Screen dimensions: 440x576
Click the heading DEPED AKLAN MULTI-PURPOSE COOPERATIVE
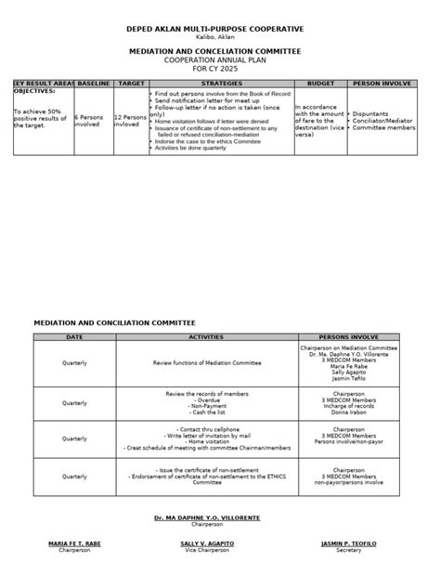click(220, 30)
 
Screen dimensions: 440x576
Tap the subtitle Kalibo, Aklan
click(220, 39)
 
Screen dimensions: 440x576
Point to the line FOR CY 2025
click(220, 69)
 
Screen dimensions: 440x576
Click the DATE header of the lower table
click(74, 336)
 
